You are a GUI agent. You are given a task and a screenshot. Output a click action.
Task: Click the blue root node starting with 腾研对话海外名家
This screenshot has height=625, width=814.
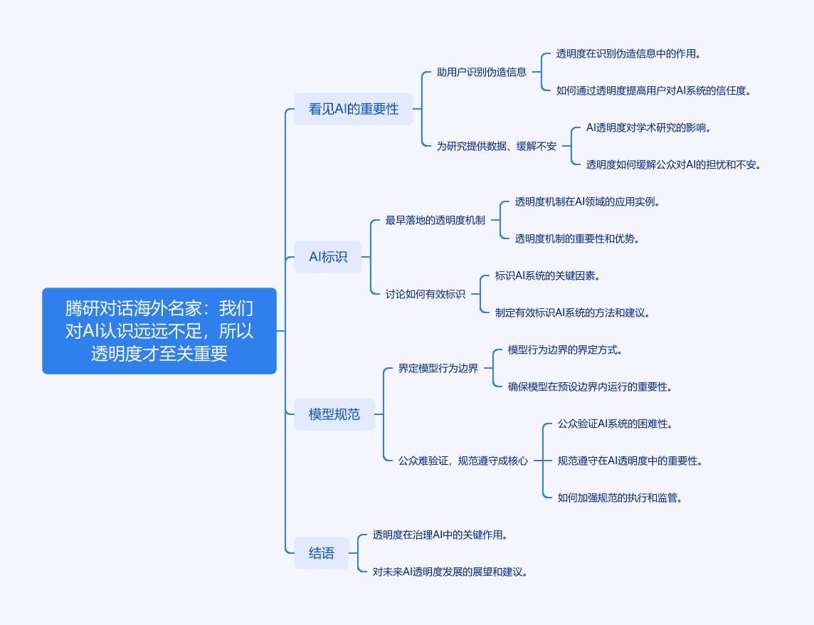tap(159, 331)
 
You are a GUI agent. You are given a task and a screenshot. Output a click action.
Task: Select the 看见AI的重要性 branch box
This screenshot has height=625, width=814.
tap(354, 109)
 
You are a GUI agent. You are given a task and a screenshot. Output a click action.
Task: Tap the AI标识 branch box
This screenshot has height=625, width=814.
tap(328, 257)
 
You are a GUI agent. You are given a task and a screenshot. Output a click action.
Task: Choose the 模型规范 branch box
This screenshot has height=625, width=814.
tap(334, 414)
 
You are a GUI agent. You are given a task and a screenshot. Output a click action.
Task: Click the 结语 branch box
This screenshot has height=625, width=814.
tap(322, 553)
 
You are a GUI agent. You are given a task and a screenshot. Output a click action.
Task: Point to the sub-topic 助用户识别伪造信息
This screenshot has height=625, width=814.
tap(482, 72)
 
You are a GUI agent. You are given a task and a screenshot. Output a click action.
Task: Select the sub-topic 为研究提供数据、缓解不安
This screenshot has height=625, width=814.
tap(496, 146)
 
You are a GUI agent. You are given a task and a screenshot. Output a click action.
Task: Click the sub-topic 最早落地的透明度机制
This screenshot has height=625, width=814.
tap(435, 220)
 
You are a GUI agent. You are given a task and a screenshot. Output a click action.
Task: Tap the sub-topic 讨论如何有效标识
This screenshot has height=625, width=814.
tap(425, 294)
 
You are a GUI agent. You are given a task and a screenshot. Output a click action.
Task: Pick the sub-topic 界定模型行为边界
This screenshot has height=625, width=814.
tap(438, 368)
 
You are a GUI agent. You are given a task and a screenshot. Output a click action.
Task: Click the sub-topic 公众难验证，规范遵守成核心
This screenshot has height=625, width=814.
tap(463, 461)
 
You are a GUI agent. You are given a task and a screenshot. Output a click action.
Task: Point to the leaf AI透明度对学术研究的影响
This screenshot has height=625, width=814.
tap(648, 128)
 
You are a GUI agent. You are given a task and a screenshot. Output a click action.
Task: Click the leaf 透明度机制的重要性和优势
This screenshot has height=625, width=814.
tap(577, 238)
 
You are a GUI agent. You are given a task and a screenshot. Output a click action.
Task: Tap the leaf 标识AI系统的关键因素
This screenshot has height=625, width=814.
tap(548, 275)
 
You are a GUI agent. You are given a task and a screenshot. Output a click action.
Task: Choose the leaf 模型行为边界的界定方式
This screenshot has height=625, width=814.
tap(565, 350)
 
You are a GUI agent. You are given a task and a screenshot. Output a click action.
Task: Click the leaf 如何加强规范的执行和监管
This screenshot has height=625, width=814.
tap(620, 498)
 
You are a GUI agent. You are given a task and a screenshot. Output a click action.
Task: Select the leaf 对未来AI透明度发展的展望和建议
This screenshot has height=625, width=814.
tap(450, 572)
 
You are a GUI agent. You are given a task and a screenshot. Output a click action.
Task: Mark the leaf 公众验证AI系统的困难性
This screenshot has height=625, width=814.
tap(615, 424)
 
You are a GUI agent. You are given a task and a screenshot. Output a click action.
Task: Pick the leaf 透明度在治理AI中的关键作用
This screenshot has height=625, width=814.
tap(440, 535)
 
